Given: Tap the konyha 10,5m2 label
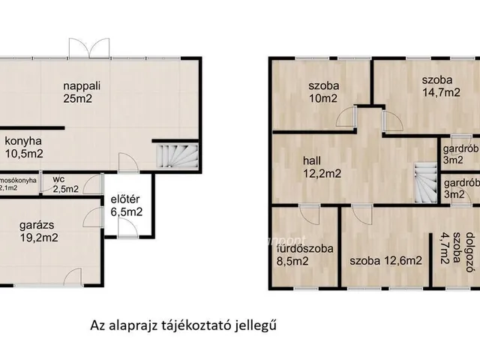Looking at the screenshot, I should click(x=23, y=147).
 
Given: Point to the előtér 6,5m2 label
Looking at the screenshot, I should click(x=127, y=206).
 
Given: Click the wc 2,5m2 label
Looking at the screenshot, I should click(x=65, y=184).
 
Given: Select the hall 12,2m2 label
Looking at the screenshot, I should click(x=322, y=166).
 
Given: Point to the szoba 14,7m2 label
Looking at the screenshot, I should click(x=436, y=85).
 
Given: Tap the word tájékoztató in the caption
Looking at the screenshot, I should click(x=203, y=325).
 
